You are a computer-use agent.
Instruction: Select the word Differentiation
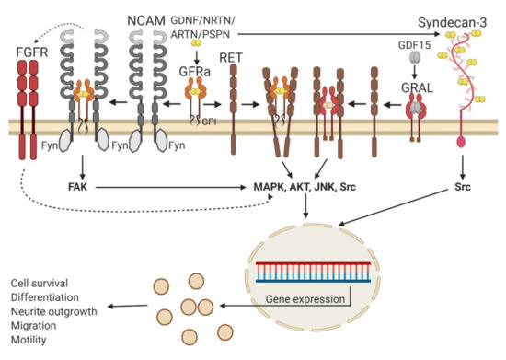pyautogui.click(x=46, y=296)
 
